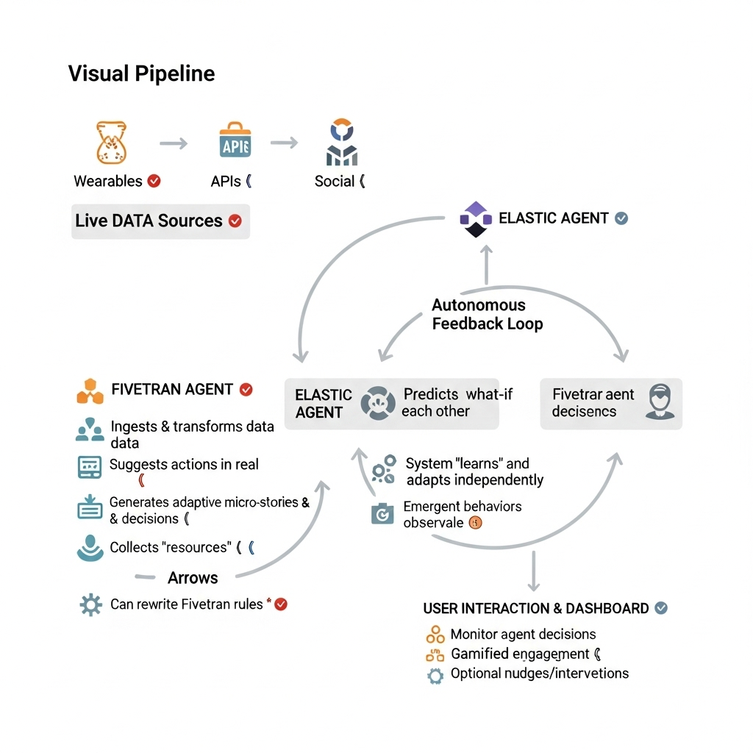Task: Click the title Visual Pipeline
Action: click(x=141, y=74)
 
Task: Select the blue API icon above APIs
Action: click(x=235, y=142)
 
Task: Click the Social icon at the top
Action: click(x=341, y=142)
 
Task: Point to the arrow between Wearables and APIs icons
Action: click(x=174, y=143)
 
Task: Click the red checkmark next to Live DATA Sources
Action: click(x=235, y=221)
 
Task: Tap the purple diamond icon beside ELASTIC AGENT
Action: click(x=475, y=218)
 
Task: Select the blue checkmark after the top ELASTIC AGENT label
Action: click(x=621, y=218)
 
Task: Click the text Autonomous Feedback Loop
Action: click(x=487, y=315)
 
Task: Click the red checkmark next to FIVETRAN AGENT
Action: click(x=246, y=390)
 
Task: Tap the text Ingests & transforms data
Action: click(x=192, y=427)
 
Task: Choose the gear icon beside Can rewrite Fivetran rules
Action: click(x=90, y=605)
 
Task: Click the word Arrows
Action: click(x=193, y=577)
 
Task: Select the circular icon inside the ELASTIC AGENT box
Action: click(x=378, y=404)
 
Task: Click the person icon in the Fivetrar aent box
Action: click(x=659, y=403)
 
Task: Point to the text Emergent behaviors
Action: click(x=463, y=507)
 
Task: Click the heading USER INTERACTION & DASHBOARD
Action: click(x=536, y=609)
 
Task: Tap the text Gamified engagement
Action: click(x=520, y=654)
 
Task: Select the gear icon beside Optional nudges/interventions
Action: click(x=435, y=676)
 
